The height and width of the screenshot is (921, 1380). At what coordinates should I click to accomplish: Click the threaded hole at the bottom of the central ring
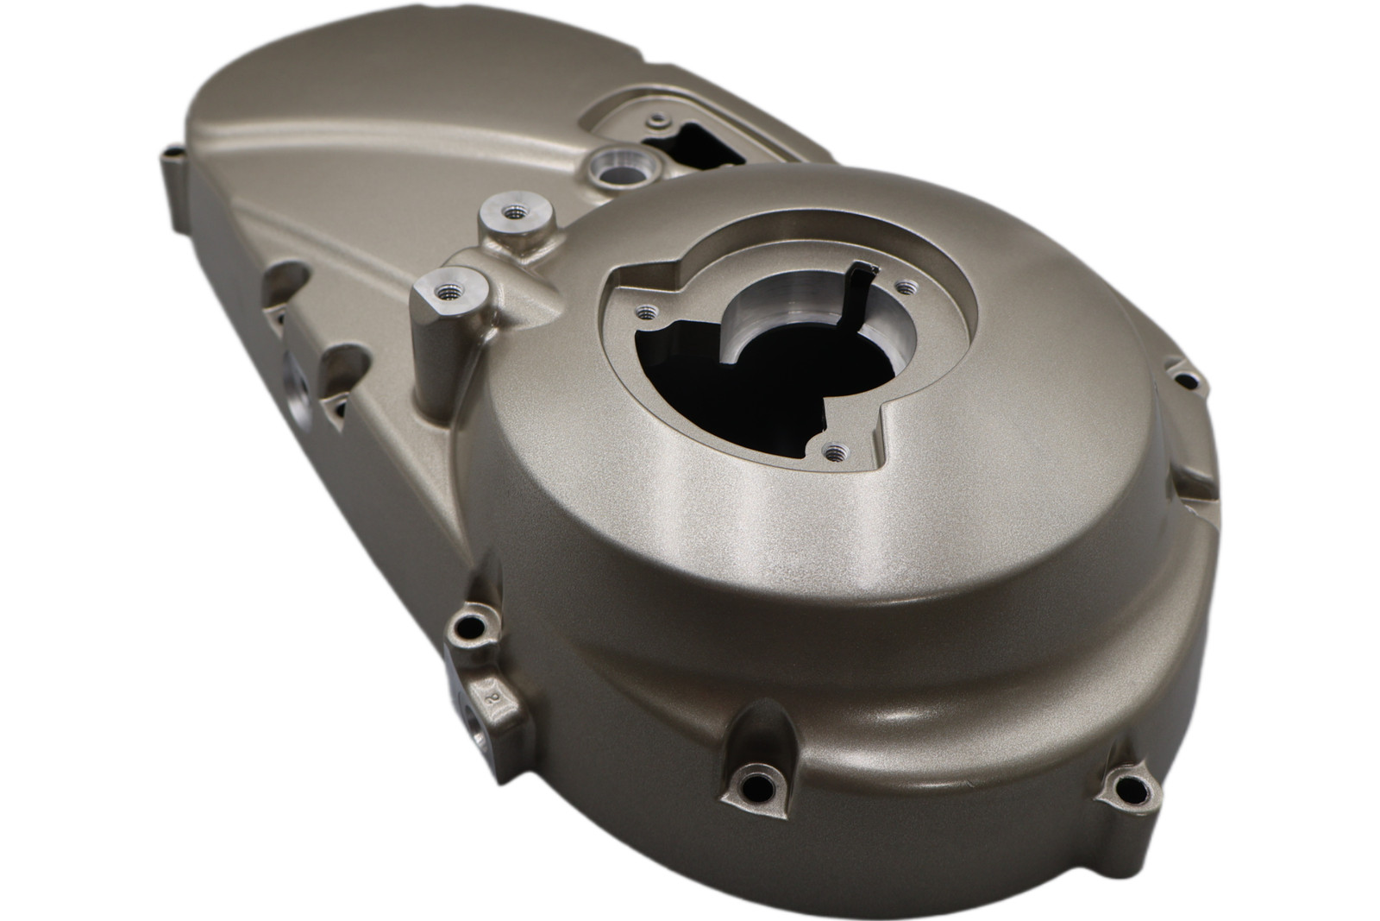coord(834,450)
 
